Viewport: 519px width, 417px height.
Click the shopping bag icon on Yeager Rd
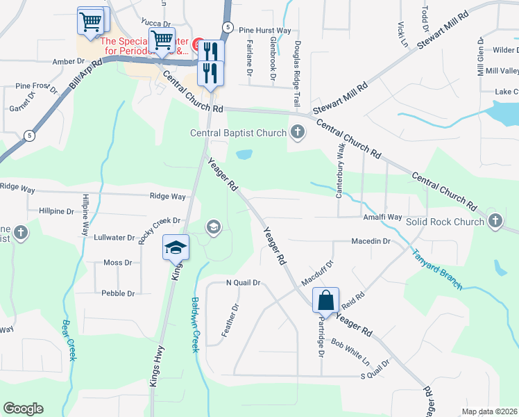click(x=325, y=300)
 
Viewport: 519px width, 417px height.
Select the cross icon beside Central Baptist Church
click(x=298, y=132)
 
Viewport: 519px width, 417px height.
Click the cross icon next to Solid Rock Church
click(x=495, y=221)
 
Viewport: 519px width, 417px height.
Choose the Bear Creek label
click(x=69, y=341)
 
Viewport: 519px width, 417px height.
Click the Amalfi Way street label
click(x=382, y=218)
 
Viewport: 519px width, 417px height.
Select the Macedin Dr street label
click(x=372, y=241)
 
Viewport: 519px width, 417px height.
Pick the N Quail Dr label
click(x=242, y=283)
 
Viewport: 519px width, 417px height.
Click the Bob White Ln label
click(x=350, y=352)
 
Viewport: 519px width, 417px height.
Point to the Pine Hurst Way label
click(x=264, y=31)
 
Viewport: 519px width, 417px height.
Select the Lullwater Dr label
click(x=114, y=237)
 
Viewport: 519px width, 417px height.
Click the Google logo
click(x=24, y=409)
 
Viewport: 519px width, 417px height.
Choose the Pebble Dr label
click(x=118, y=293)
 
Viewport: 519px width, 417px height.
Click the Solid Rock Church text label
click(x=445, y=222)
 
